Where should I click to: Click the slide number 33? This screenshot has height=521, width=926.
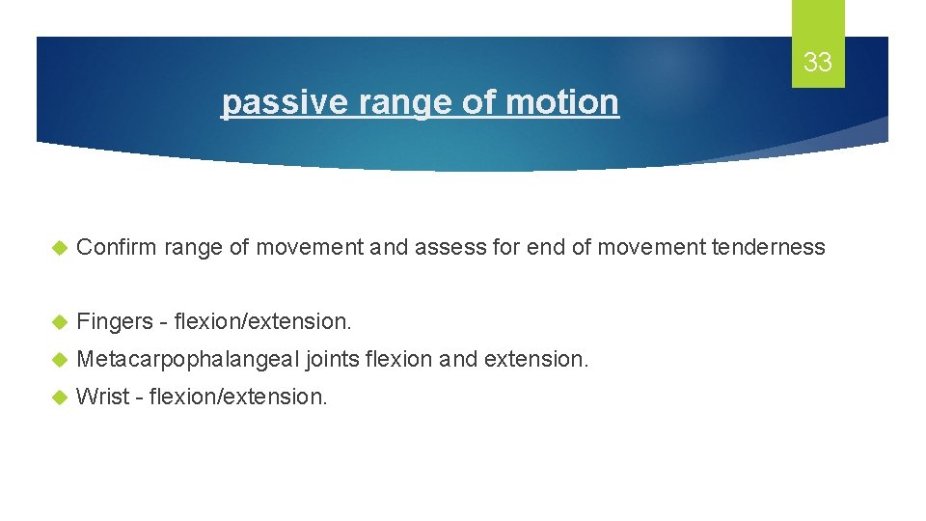tap(817, 63)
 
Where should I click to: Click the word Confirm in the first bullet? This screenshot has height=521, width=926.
tap(117, 247)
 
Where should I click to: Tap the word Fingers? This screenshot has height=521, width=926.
tap(112, 319)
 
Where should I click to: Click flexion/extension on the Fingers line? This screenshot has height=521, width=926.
tap(263, 319)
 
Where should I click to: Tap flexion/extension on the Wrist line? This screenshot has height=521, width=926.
tap(238, 396)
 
